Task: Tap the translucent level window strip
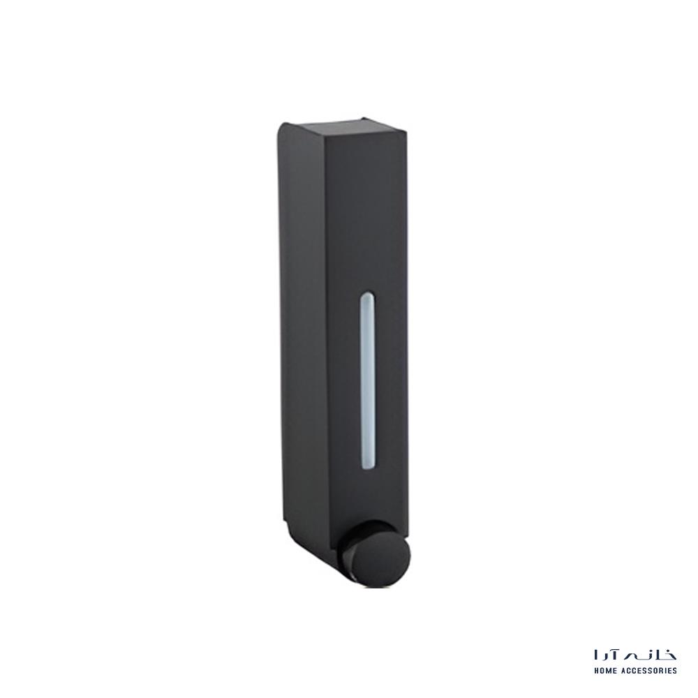[x=367, y=380]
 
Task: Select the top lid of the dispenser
[x=343, y=128]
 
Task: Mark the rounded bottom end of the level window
[x=367, y=466]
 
